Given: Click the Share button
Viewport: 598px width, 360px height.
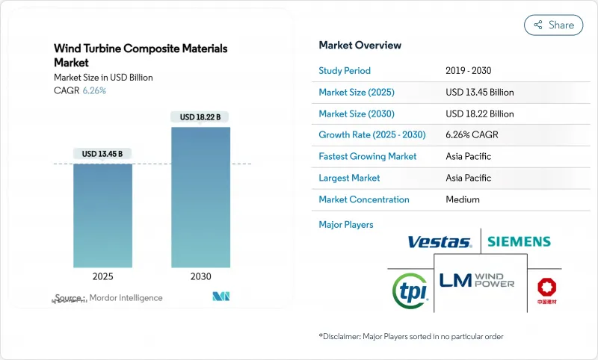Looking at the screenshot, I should click(553, 25).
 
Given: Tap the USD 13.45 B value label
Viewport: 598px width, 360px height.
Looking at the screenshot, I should click(102, 154).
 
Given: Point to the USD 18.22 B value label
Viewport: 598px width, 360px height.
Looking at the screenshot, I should click(200, 117).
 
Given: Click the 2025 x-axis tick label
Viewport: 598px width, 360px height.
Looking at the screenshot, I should click(102, 276).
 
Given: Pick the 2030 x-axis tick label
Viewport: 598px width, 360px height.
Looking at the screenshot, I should click(200, 276).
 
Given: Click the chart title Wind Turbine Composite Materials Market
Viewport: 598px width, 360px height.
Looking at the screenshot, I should click(141, 55).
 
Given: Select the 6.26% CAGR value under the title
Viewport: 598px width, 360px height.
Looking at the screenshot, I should click(93, 90).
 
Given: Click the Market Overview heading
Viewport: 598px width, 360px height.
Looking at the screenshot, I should click(360, 46).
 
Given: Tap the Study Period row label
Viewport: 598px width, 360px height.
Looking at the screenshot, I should click(345, 71).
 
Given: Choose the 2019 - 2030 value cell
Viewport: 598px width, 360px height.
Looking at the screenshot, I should click(469, 71).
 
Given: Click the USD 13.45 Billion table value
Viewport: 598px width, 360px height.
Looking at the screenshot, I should click(479, 93).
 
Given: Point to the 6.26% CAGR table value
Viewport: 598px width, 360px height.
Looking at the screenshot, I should click(472, 135).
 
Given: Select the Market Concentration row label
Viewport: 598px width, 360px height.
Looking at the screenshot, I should click(364, 199).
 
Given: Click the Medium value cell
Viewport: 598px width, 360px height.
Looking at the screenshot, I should click(462, 199).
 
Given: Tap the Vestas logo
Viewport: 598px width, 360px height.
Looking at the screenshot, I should click(440, 242).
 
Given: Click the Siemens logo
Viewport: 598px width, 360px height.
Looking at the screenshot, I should click(519, 242).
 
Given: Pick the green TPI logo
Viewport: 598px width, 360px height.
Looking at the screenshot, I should click(410, 288).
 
